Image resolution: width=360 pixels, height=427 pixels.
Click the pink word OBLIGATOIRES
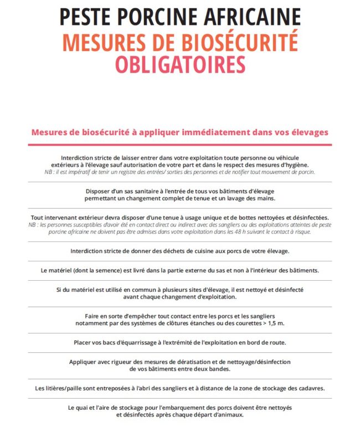pos(180,65)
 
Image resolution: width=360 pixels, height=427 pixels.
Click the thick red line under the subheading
pos(180,145)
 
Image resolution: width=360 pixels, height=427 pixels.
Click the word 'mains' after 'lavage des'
pos(264,198)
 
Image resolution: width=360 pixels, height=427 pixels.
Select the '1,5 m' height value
pos(277,323)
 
